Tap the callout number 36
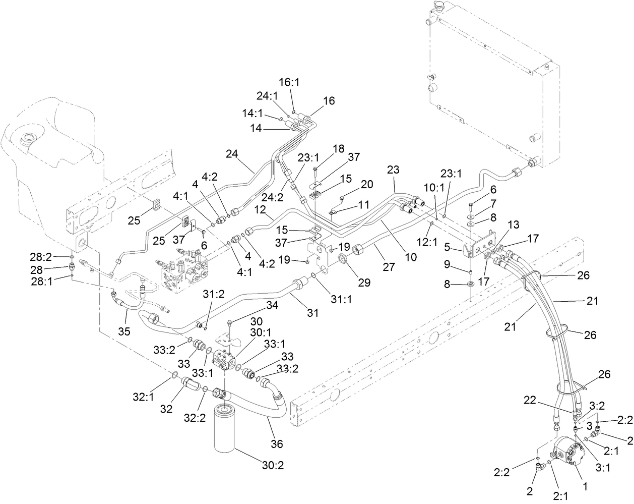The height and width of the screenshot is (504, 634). pyautogui.click(x=277, y=443)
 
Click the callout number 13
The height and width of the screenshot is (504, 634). pyautogui.click(x=513, y=225)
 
